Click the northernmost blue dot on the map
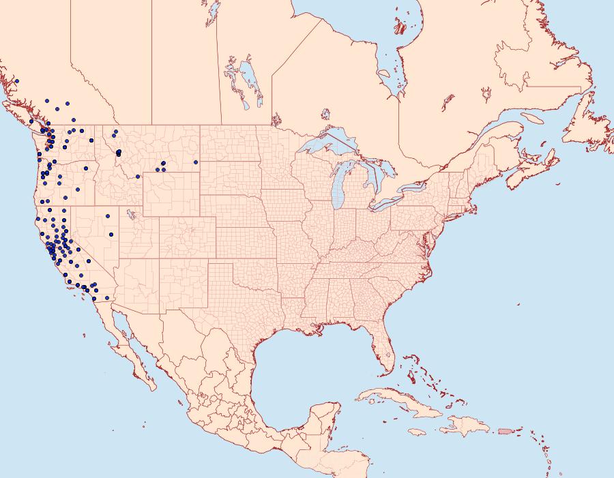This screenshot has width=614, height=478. tap(16, 81)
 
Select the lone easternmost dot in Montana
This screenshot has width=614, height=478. tap(196, 162)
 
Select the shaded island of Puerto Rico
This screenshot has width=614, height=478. tap(505, 430)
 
